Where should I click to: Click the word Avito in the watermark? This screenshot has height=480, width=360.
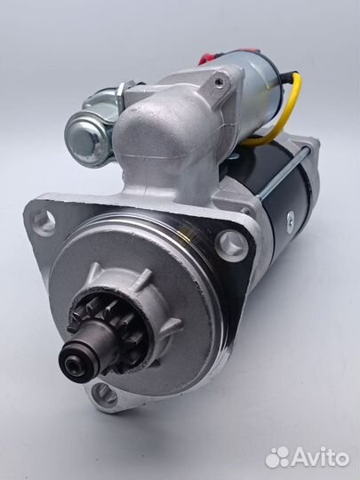click(x=321, y=458)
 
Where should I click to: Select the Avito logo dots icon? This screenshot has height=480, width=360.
click(x=277, y=458)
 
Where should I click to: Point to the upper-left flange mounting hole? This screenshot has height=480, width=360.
click(x=44, y=222)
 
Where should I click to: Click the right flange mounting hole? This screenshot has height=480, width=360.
click(x=231, y=246)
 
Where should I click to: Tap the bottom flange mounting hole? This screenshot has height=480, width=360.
click(x=104, y=395)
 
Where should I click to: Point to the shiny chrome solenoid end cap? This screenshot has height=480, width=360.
click(x=86, y=140)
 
